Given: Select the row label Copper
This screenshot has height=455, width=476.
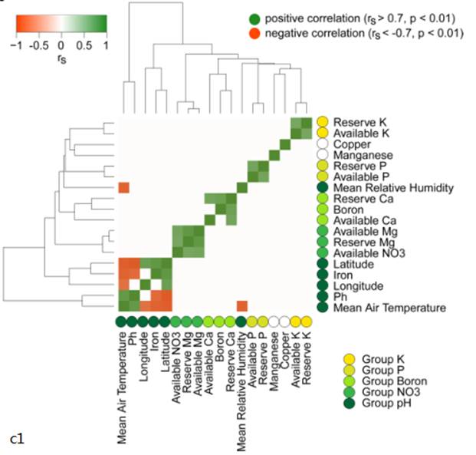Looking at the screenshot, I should pos(353,144).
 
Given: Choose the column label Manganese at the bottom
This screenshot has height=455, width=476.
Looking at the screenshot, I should pos(274,361).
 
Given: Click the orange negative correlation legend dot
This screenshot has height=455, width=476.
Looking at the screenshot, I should pos(255,35).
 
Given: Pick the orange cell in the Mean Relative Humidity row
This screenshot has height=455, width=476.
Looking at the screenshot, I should pos(123,188).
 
